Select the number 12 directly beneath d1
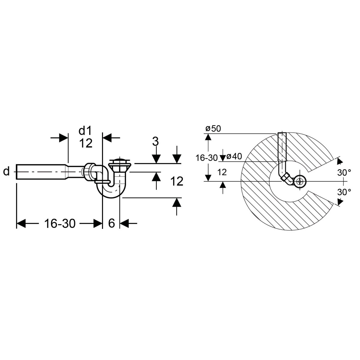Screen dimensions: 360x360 [x=86, y=143]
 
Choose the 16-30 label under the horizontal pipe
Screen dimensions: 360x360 [x=60, y=223]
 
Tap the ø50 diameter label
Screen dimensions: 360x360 [x=213, y=128]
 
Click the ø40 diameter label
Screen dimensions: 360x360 [x=234, y=156]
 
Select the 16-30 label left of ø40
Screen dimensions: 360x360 [x=207, y=158]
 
